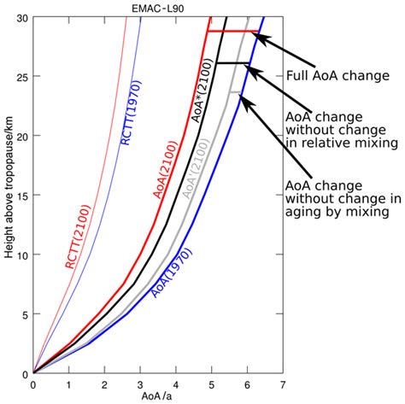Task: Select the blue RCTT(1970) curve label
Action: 132,112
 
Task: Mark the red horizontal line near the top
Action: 232,32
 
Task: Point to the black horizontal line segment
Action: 232,63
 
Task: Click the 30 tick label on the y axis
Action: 22,18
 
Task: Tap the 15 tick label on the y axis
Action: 22,196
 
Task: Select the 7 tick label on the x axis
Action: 281,385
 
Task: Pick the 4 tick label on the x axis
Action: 175,385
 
